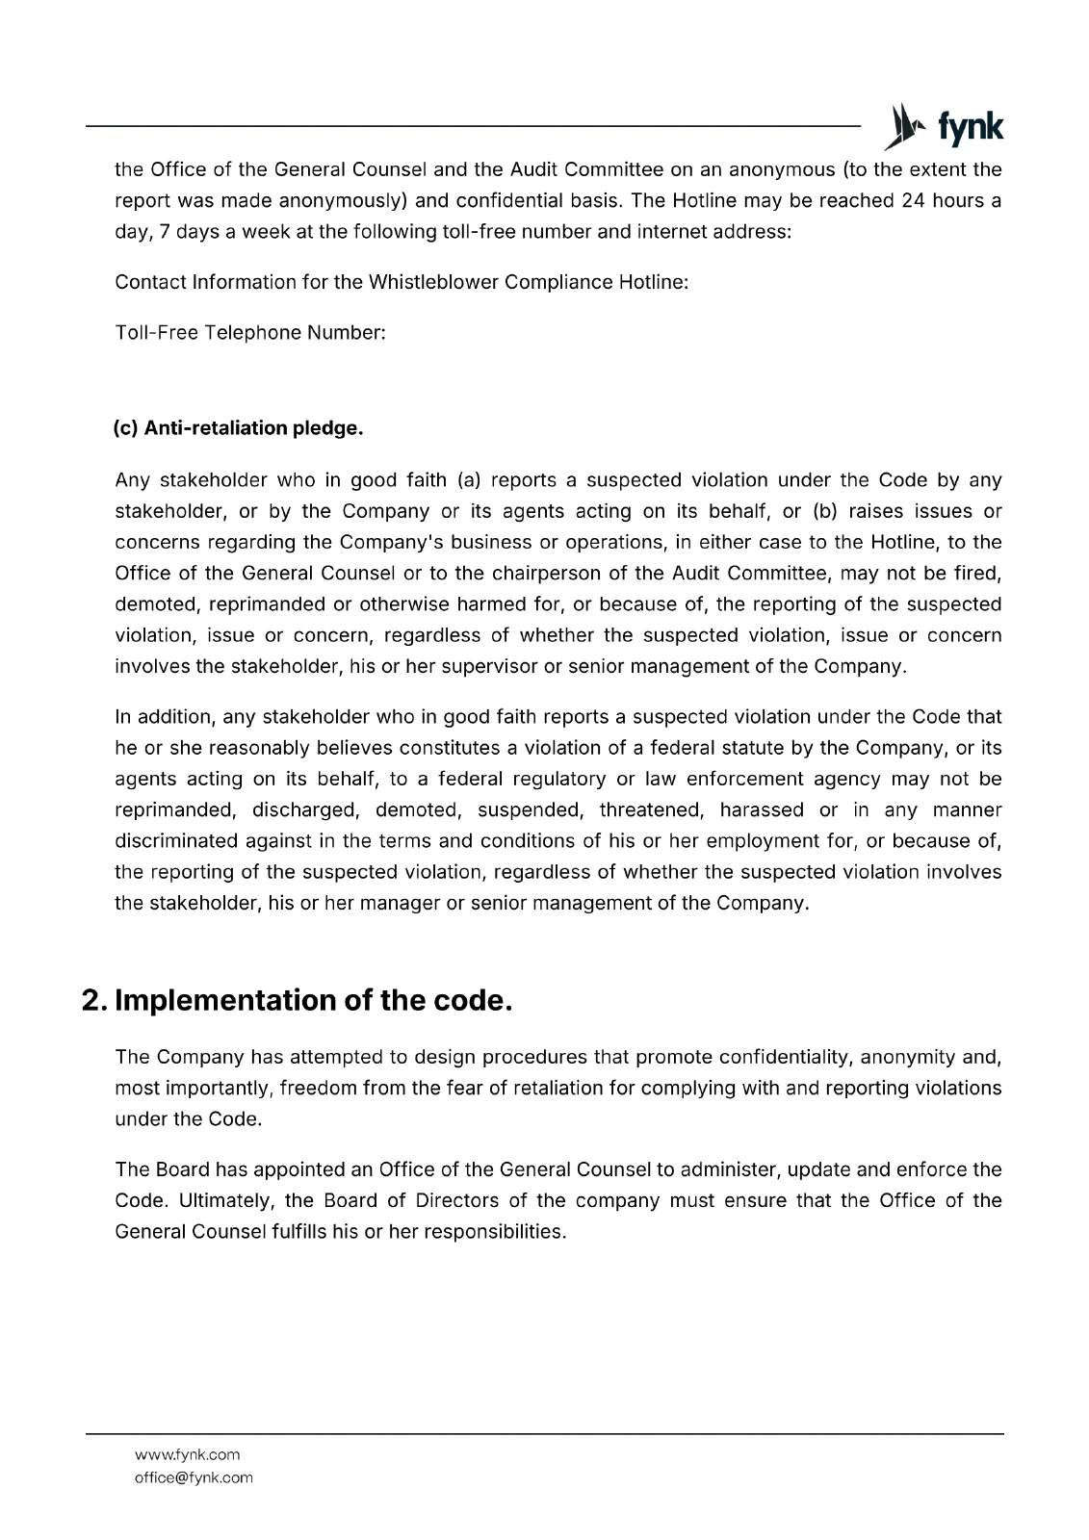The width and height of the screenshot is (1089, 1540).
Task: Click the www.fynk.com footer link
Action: (x=188, y=1454)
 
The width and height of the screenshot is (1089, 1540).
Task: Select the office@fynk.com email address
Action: (x=194, y=1477)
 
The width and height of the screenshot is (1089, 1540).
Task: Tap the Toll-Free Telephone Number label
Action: (x=250, y=332)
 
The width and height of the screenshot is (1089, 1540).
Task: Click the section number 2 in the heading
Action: (x=92, y=1000)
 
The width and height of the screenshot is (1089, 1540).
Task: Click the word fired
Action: (x=979, y=573)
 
